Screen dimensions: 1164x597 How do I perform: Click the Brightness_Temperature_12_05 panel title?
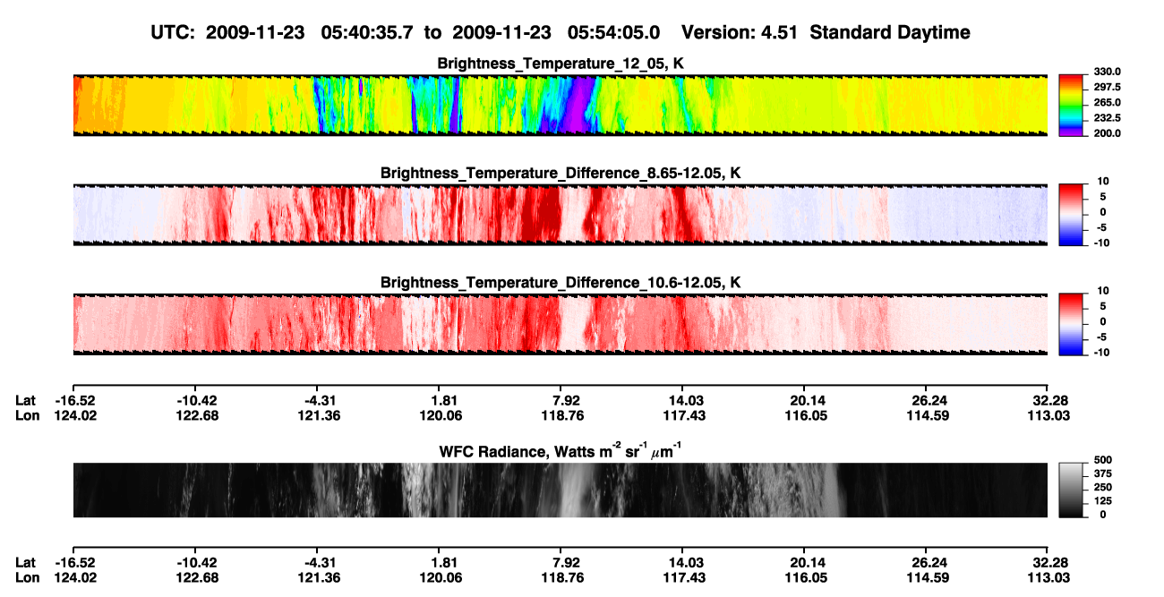561,64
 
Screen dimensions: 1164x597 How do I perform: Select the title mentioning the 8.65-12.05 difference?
561,173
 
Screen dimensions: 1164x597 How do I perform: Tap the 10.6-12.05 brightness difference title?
561,283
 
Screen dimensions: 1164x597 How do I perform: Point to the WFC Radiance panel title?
561,451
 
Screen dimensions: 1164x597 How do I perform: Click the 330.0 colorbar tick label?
1107,72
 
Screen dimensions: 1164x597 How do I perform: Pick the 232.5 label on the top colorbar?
1107,118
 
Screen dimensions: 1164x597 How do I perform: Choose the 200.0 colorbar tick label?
1107,133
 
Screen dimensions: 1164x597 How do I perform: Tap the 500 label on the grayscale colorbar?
1103,460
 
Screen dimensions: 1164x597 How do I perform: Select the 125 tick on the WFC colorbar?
1103,501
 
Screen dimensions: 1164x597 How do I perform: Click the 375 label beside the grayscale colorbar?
1103,473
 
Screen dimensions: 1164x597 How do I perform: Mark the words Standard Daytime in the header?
890,33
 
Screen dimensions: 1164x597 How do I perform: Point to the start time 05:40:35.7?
367,33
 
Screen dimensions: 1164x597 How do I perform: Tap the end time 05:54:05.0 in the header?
613,33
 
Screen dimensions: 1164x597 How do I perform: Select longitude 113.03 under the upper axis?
1048,415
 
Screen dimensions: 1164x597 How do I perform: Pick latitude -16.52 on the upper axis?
75,401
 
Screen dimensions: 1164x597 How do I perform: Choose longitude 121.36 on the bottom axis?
319,578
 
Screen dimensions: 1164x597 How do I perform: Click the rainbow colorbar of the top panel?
1071,106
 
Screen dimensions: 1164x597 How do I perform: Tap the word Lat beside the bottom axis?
25,563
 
